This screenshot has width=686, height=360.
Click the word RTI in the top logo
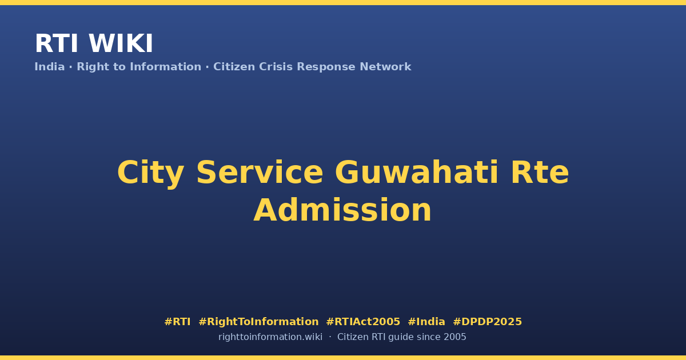tap(57, 43)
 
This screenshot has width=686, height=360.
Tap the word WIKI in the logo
tap(121, 43)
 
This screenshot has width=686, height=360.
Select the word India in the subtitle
tap(50, 67)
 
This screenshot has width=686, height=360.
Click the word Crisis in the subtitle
tap(276, 67)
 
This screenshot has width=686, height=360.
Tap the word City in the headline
tap(151, 173)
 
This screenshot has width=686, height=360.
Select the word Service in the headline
tap(260, 173)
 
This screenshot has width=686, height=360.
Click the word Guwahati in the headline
tap(417, 173)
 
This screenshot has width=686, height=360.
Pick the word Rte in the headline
tap(540, 173)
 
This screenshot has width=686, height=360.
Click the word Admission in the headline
tap(342, 210)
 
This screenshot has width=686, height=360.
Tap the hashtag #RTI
tap(177, 322)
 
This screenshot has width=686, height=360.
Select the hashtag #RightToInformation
tap(258, 322)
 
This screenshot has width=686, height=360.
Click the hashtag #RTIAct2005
tap(363, 322)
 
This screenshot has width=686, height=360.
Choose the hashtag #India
tap(426, 322)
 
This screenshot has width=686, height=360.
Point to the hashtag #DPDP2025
tap(487, 322)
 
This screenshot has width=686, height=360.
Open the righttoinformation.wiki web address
tap(270, 337)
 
